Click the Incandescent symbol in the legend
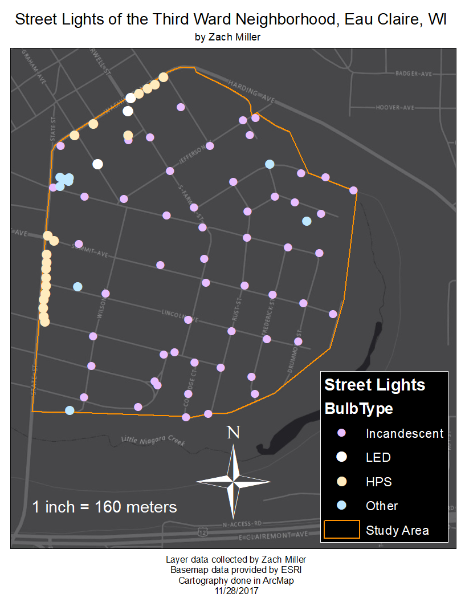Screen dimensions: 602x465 tap(342, 433)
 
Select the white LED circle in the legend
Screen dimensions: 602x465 tap(342, 457)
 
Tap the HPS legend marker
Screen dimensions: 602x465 tap(342, 481)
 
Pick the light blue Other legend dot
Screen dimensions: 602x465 tap(342, 505)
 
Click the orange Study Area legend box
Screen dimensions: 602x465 tap(342, 529)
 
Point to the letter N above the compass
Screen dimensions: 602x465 tap(233, 433)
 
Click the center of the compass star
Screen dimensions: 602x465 tap(233, 482)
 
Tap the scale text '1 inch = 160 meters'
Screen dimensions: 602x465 tap(104, 506)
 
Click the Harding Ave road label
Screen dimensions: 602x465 tap(251, 92)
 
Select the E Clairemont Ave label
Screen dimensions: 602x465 tap(273, 535)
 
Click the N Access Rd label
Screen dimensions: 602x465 tap(242, 523)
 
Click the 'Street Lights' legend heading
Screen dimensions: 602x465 tap(374, 385)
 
